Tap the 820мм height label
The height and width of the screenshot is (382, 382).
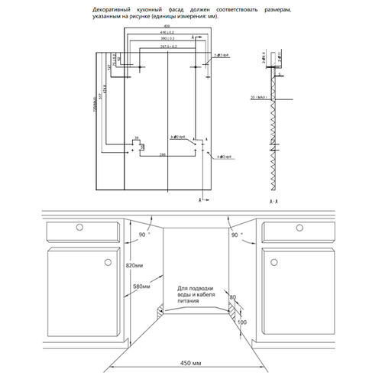(x=131, y=264)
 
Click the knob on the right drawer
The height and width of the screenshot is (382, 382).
(x=303, y=227)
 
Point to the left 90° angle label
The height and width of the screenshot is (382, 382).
(x=141, y=234)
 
